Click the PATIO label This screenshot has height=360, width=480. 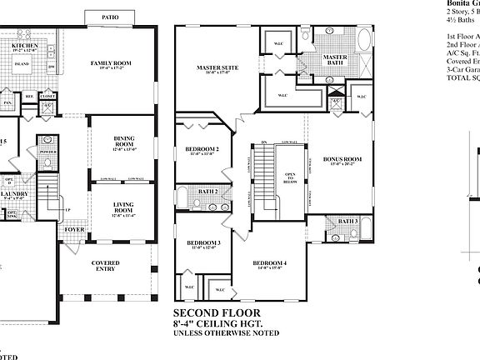pos(109,16)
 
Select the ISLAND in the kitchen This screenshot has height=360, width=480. pos(23,63)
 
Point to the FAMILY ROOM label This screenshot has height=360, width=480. pos(111,63)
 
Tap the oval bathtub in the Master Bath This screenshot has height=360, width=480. pos(363,41)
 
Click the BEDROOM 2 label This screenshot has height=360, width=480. pos(202,149)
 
